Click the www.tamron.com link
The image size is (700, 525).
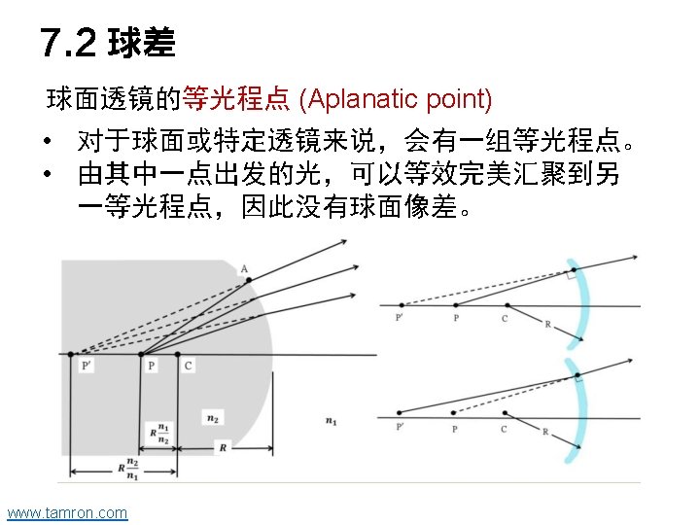click(x=66, y=512)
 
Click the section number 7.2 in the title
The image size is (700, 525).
click(x=68, y=43)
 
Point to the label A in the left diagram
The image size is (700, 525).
click(x=243, y=269)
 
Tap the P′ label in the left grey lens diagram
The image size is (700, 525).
click(x=87, y=366)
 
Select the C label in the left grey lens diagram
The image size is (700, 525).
click(x=188, y=366)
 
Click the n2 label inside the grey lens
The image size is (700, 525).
click(x=212, y=417)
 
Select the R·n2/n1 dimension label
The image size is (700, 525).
click(x=129, y=470)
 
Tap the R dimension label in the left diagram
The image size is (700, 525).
click(x=223, y=448)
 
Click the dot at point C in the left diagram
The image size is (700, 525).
click(x=177, y=354)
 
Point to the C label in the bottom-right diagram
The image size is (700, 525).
click(x=504, y=429)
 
